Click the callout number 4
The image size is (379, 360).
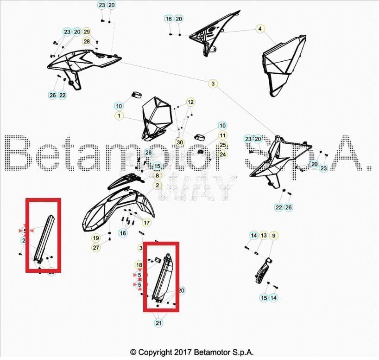pos(260,29)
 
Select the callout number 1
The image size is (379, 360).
pos(120,116)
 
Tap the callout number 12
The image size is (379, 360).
pos(191,102)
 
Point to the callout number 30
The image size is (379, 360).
pos(180,142)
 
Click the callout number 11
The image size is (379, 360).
pos(223,135)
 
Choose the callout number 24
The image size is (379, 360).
pos(223,154)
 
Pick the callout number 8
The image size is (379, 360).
pos(158,176)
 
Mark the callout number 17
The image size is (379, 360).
pos(146,223)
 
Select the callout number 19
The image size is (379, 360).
pos(96,238)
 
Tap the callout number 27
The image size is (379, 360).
pos(96,247)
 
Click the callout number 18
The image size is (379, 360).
pos(139,265)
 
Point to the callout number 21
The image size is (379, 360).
pos(159,323)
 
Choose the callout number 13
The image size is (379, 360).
pos(263,236)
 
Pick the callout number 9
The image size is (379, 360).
pos(273,236)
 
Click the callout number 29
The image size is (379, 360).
pos(87,32)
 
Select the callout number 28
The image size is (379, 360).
pos(87,41)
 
